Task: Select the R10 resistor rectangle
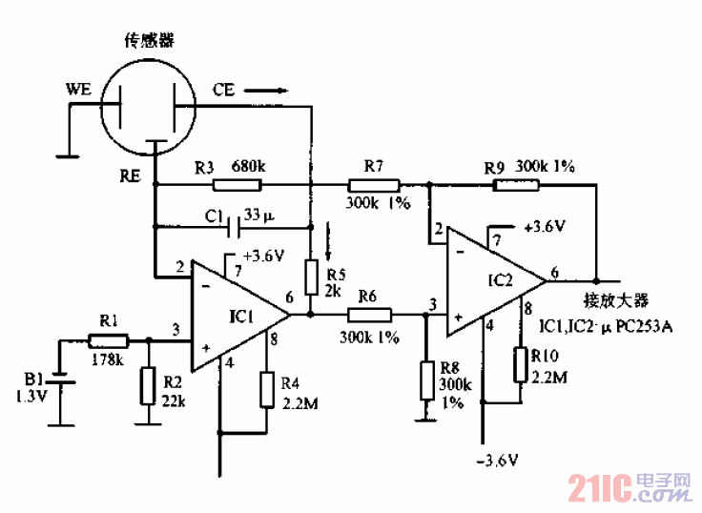[x=522, y=363]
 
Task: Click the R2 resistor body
[x=146, y=385]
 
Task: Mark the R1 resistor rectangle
[x=105, y=339]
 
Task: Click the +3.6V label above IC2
[x=545, y=227]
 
